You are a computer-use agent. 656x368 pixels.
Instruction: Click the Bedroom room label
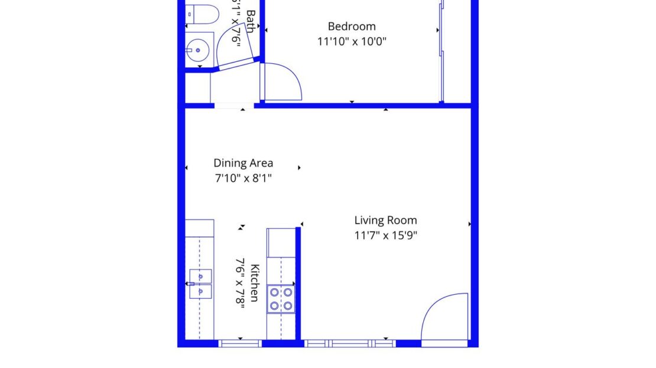[x=352, y=27]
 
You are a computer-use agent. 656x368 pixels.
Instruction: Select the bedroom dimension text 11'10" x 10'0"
[x=352, y=41]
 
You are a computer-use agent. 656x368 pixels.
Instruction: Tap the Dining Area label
[x=243, y=163]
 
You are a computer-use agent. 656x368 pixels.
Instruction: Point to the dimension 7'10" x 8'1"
[x=243, y=177]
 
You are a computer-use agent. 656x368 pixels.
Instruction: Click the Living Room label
[x=385, y=220]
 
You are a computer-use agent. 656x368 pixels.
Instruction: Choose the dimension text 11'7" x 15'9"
[x=385, y=235]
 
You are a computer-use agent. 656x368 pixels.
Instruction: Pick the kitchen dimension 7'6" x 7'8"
[x=240, y=282]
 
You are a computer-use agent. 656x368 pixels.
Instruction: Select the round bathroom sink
[x=198, y=50]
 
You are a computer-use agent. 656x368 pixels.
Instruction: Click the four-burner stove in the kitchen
[x=281, y=298]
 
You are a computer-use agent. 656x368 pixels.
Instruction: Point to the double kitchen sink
[x=200, y=283]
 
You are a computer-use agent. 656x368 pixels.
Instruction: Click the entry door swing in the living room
[x=444, y=317]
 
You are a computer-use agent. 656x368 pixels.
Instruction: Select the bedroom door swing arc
[x=282, y=82]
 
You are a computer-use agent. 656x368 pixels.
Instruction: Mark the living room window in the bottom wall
[x=350, y=343]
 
